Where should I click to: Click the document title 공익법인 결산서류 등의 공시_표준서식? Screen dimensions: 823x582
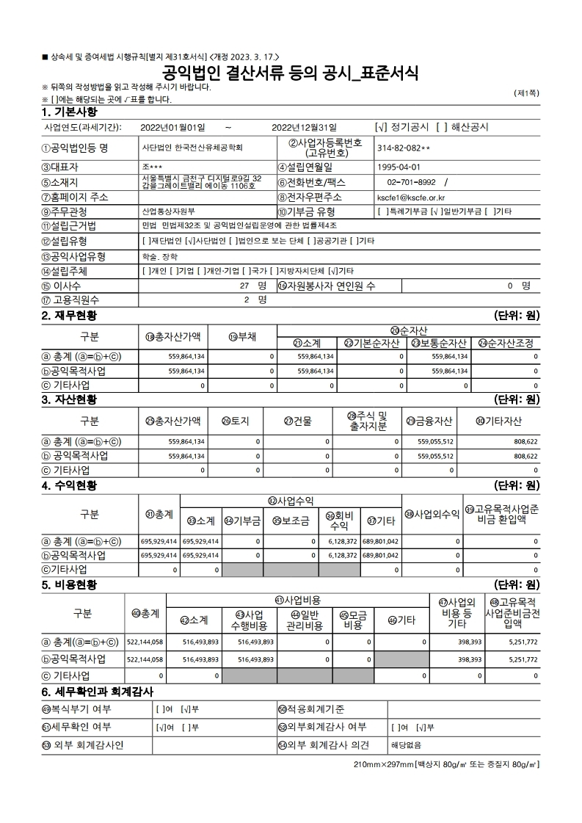point(291,73)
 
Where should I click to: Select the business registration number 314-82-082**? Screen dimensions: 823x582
point(403,148)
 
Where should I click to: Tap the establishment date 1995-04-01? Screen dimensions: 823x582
point(399,167)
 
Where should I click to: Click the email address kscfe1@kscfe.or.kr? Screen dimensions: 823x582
point(415,197)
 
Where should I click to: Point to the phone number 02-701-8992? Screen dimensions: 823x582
point(411,182)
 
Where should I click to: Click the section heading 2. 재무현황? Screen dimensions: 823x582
point(70,316)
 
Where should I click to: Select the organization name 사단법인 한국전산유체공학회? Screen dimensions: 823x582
point(192,148)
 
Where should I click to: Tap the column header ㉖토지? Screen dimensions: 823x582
point(236,421)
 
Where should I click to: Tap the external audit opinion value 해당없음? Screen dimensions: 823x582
point(405,744)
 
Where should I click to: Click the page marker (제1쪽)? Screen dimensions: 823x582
point(526,93)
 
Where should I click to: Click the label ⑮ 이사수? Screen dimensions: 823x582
point(62,285)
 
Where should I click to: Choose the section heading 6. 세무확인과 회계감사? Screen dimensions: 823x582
point(97,692)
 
